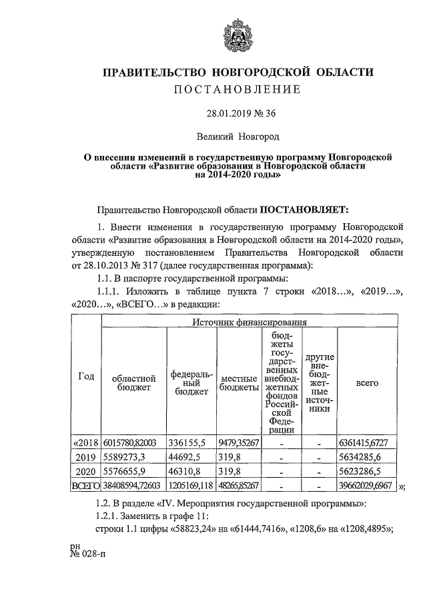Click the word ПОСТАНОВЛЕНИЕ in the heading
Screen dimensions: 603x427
(238, 89)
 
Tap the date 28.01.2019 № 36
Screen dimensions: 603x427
(238, 113)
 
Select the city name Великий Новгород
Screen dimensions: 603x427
(238, 137)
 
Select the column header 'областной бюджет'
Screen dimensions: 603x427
(133, 382)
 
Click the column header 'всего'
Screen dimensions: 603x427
(367, 382)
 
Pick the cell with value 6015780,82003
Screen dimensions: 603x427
(133, 442)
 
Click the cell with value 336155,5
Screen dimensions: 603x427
(192, 442)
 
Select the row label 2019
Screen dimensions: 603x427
(86, 457)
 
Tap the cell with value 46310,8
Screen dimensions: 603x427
(192, 471)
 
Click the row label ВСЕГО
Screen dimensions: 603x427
(85, 486)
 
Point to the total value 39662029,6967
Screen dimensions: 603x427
(367, 486)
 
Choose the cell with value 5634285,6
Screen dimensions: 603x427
(367, 457)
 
